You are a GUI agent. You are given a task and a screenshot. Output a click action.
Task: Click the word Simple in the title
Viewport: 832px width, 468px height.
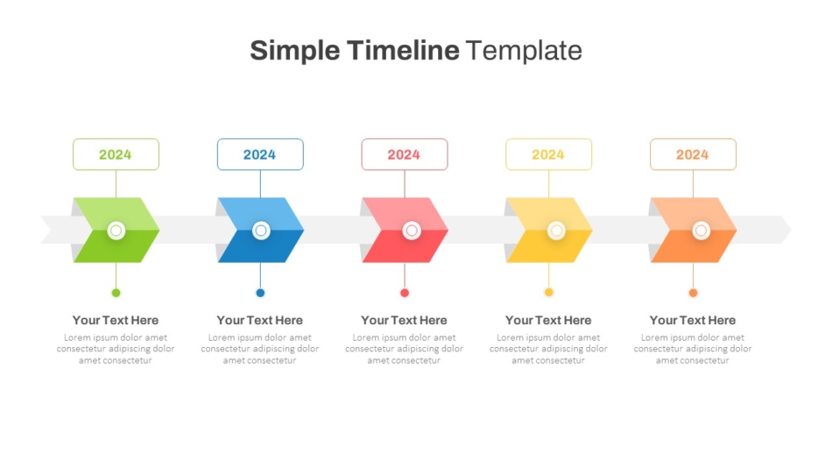[x=295, y=52]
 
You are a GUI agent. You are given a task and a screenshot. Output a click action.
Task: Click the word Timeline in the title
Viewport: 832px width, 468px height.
[x=403, y=51]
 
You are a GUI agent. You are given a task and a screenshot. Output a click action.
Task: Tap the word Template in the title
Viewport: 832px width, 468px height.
[x=525, y=52]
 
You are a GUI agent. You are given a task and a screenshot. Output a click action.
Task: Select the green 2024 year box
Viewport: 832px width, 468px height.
[x=116, y=154]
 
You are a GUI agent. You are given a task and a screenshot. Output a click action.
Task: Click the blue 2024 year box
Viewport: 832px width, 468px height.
[x=260, y=154]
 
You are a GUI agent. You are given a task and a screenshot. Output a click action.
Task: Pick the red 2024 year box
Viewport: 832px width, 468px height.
[x=405, y=154]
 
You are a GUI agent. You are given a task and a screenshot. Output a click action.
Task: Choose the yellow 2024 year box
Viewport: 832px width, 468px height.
[x=548, y=154]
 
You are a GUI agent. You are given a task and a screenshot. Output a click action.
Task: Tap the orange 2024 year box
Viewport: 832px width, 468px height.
[x=693, y=154]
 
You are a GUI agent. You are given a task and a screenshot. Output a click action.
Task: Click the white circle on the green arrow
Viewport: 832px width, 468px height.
[x=116, y=230]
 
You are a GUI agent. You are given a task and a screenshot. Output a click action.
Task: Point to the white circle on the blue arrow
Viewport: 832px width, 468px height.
[x=261, y=230]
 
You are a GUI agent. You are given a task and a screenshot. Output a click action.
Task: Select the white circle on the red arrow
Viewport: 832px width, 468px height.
[x=412, y=230]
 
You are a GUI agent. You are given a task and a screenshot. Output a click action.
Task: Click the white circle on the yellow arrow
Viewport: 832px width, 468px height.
[x=556, y=230]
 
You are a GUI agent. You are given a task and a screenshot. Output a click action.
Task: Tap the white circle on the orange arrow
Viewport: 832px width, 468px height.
[x=701, y=230]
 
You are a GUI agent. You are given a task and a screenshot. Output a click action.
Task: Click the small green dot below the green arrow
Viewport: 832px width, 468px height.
[x=116, y=293]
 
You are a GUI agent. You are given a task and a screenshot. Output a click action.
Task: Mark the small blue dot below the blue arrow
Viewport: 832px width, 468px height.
[x=260, y=293]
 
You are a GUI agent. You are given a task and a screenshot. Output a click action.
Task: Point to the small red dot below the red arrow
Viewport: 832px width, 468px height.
[x=405, y=293]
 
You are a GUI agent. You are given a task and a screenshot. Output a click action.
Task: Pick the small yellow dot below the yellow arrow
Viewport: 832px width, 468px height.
[x=548, y=292]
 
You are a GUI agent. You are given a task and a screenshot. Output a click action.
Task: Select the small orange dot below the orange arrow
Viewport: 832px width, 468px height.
[x=693, y=293]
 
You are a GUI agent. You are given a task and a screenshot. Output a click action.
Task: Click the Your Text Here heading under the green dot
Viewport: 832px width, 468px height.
[x=116, y=320]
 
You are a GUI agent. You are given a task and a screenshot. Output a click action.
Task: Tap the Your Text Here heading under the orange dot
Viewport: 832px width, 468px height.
[x=693, y=320]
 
